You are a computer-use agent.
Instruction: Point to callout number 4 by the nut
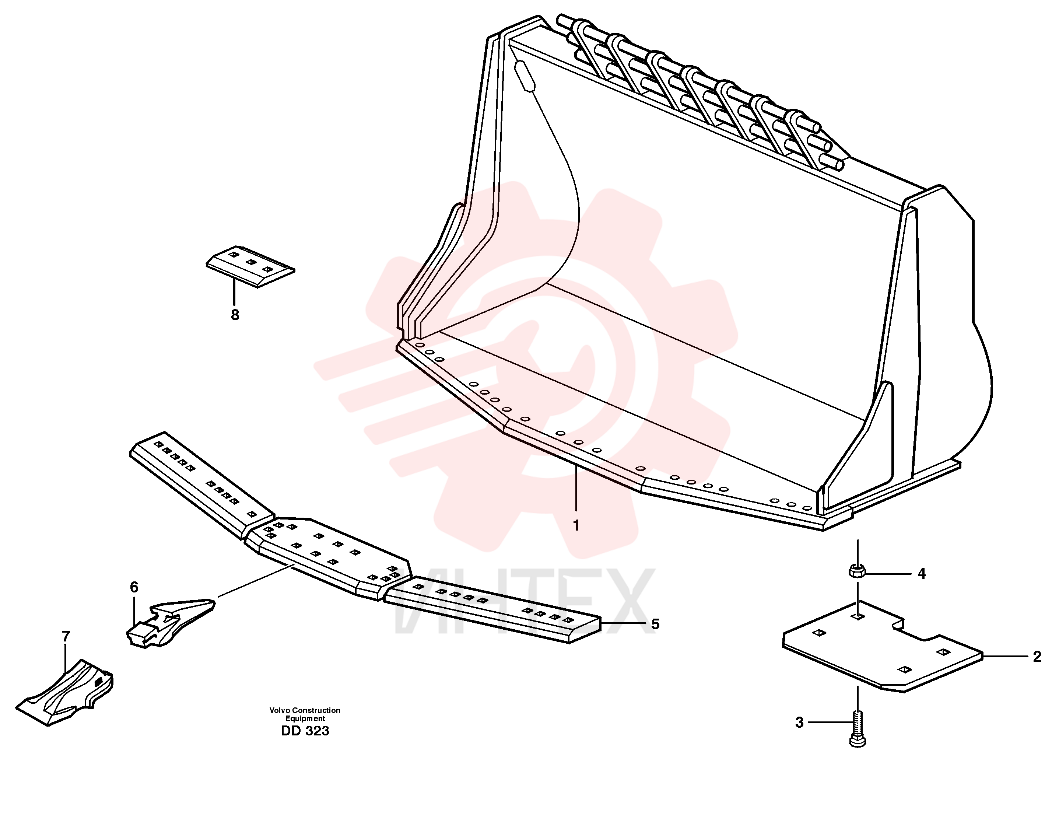point(922,574)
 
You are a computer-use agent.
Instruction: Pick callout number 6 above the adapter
point(134,587)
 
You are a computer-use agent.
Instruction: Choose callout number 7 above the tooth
point(66,636)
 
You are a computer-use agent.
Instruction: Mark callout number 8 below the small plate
point(235,315)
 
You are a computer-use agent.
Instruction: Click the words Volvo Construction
point(305,710)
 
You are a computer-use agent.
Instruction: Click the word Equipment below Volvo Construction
point(305,719)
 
